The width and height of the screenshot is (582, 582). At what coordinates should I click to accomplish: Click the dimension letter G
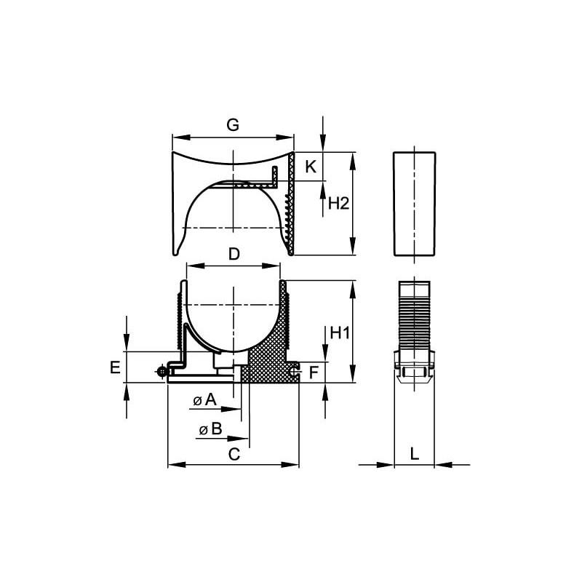point(233,125)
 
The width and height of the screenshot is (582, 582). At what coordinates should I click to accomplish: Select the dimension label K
point(311,167)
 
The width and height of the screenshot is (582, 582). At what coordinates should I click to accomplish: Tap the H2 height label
point(339,204)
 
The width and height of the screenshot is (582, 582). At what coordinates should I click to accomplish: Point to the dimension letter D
point(234,254)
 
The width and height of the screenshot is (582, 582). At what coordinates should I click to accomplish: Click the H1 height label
point(340,333)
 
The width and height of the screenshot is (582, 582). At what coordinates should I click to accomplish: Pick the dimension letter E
point(116,367)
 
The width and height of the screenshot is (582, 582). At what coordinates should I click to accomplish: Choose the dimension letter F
point(314,372)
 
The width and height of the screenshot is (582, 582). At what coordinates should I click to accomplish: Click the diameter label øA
point(205,400)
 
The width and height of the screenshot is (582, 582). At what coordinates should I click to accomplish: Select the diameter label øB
point(210,429)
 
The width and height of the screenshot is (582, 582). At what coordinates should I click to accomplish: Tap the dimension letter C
point(234,454)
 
